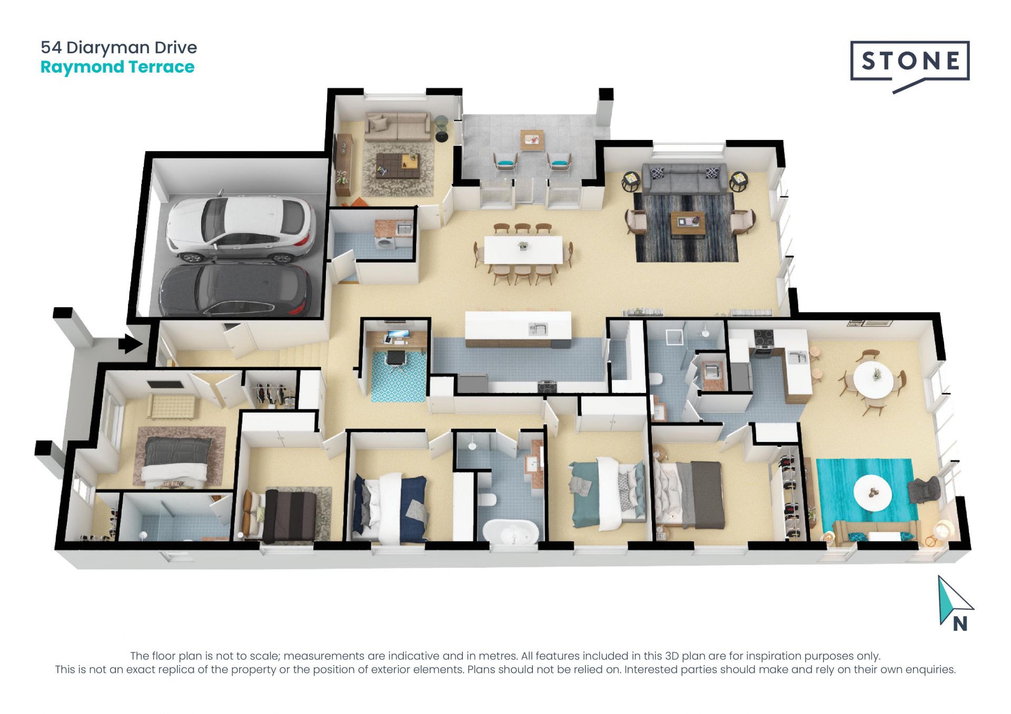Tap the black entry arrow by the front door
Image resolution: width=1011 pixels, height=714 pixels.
pos(130,345)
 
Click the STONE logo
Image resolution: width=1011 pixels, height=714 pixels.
pos(909,62)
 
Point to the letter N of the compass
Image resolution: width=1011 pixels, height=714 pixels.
pos(960,624)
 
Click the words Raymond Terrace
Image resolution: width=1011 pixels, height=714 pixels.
pos(117,67)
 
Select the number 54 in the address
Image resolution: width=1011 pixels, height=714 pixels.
pos(51,47)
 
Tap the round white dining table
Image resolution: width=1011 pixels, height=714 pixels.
pos(873,378)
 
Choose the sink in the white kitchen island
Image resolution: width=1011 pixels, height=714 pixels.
pos(538,329)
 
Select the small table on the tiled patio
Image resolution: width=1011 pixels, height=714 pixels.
pos(532,140)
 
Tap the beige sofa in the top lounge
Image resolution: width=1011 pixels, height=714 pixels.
pos(398,126)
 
